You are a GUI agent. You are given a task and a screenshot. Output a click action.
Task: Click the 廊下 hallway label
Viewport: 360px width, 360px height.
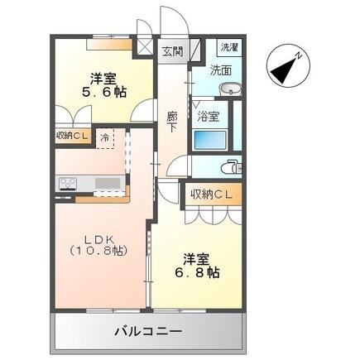(x=171, y=121)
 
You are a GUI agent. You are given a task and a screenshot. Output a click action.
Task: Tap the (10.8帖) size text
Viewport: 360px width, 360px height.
(x=98, y=250)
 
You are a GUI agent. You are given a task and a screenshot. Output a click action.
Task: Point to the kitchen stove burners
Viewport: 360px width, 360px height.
(x=66, y=183)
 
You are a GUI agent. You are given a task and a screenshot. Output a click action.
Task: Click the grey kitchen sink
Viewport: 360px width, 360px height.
(x=107, y=183)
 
